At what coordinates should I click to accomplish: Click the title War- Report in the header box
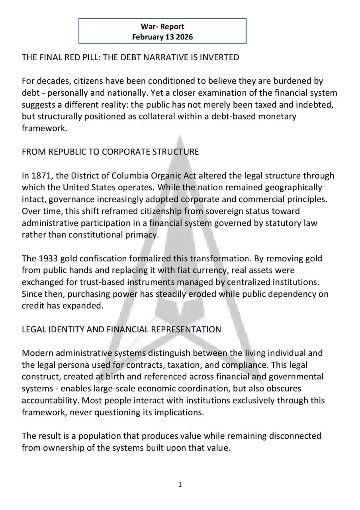[162, 27]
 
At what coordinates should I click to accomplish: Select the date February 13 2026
[162, 37]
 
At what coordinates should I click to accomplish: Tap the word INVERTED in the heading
[220, 57]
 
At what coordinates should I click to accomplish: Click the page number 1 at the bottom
[180, 485]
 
